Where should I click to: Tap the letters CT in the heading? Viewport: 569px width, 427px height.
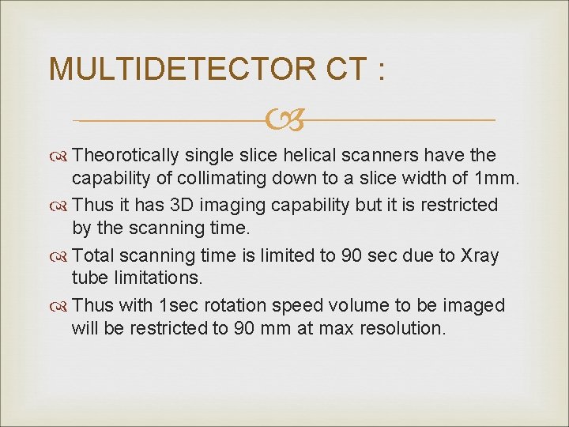(346, 70)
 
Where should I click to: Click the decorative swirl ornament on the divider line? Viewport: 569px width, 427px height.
(284, 121)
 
